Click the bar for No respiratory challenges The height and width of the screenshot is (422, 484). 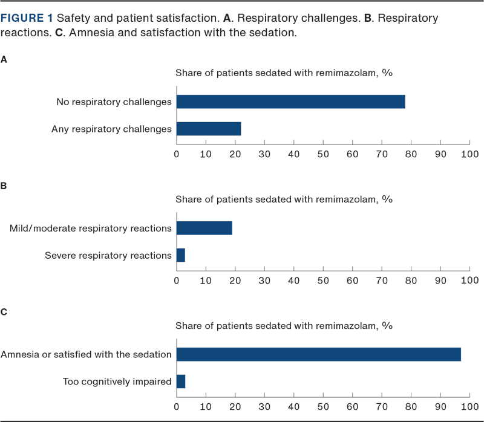[290, 102]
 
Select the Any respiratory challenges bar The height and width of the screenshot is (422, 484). [209, 129]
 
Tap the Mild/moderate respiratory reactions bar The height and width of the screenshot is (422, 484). [204, 228]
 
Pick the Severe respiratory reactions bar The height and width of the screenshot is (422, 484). [180, 255]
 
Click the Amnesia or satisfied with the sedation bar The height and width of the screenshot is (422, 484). [318, 354]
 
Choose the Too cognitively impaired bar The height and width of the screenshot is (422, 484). [181, 381]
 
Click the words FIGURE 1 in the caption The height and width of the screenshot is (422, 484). [27, 19]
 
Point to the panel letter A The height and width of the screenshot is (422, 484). [4, 59]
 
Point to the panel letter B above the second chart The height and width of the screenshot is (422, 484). [4, 186]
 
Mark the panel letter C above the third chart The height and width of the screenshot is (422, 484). [4, 312]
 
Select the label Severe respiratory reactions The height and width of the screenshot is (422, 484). [108, 255]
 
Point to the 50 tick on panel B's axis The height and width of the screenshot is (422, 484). [323, 280]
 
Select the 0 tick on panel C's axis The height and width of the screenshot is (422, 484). [176, 406]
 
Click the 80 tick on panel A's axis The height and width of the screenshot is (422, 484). [411, 154]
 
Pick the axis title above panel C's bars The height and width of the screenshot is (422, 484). [284, 326]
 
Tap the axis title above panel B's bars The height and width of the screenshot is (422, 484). [284, 200]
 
